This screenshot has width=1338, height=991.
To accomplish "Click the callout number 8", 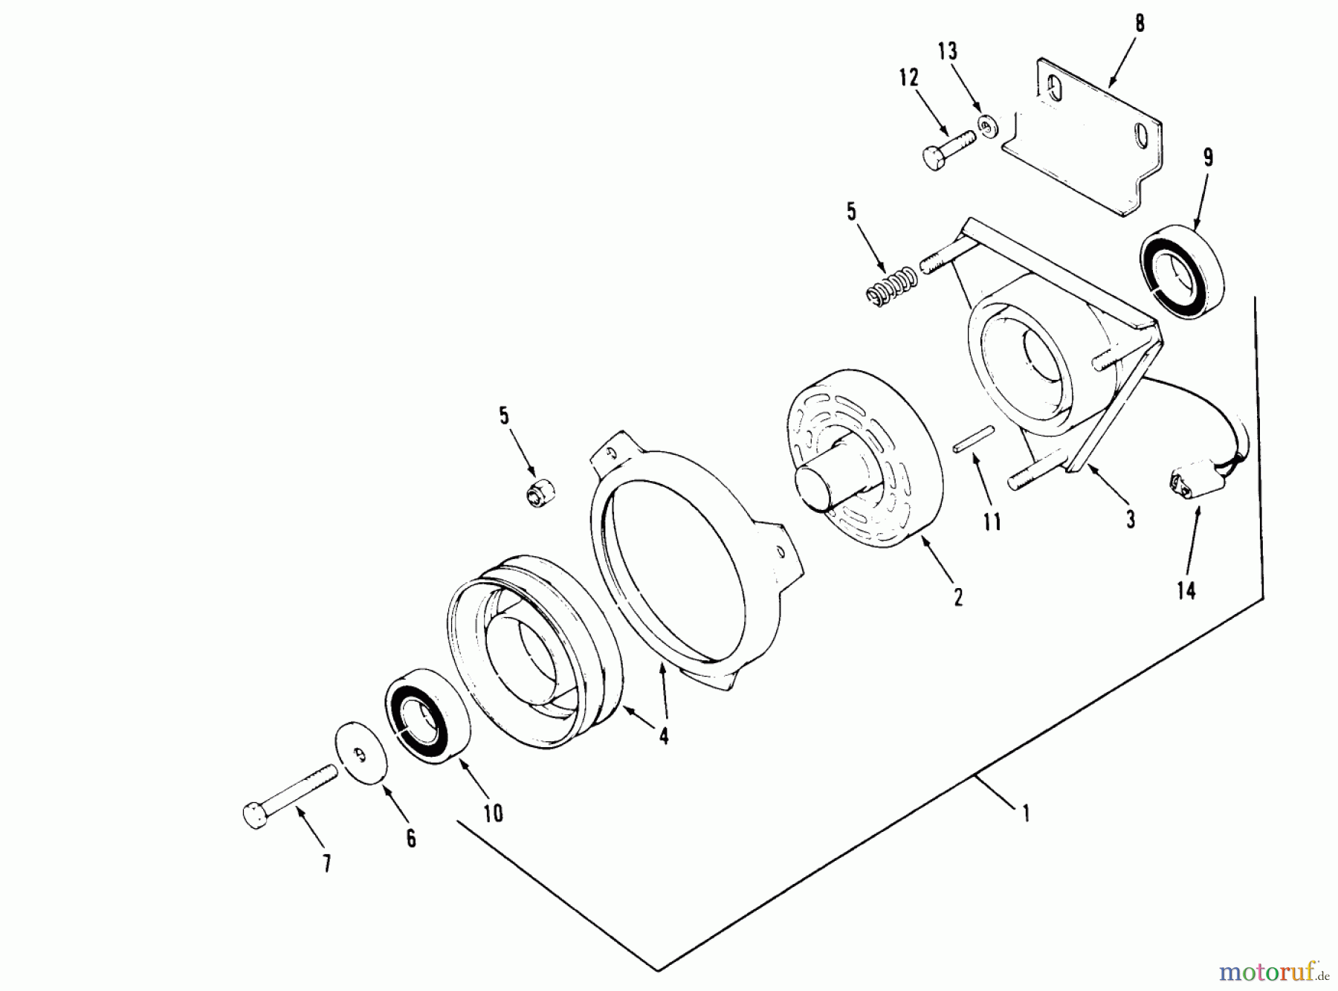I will click(1139, 24).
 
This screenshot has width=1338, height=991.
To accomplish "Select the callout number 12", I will click(908, 77).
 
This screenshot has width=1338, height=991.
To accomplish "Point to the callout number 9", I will click(1208, 158).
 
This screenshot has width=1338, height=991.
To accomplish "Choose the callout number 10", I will click(493, 813).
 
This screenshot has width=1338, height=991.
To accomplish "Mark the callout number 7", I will click(326, 863).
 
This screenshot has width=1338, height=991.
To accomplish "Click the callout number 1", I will click(1026, 814).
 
